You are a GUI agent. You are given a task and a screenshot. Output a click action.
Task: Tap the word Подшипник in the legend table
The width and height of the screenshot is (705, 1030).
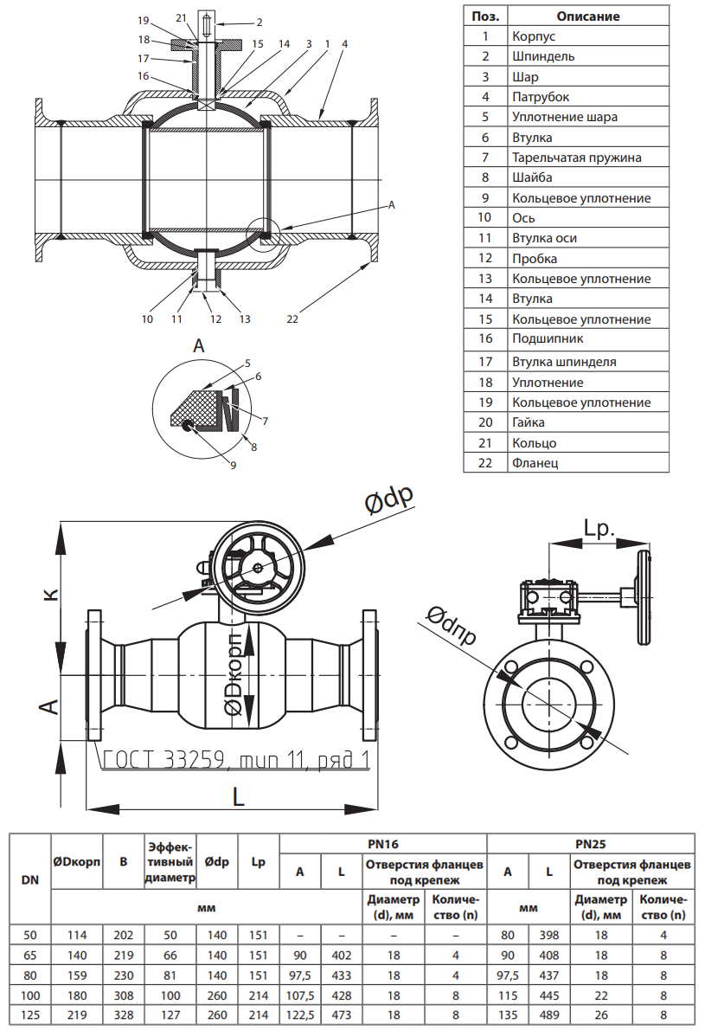548,339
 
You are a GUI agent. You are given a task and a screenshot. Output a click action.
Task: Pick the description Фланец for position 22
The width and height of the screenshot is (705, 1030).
535,463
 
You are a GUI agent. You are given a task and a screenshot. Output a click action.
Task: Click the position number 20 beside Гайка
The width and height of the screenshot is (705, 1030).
485,422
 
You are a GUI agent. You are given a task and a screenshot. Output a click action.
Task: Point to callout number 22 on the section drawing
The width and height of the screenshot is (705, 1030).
292,319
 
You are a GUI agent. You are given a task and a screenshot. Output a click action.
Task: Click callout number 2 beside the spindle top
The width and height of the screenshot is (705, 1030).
259,21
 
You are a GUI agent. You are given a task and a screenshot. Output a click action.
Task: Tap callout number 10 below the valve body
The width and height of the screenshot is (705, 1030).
148,319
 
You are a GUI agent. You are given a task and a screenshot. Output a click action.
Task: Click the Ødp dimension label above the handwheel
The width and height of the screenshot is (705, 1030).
388,499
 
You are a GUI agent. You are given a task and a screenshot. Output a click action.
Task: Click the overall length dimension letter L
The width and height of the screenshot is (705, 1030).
239,796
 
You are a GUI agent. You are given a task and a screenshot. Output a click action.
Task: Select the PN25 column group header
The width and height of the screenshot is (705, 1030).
590,843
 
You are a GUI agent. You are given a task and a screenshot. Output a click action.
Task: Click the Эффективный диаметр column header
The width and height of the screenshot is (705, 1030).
170,861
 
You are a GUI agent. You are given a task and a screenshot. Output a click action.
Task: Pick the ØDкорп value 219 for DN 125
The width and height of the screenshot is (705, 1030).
77,1015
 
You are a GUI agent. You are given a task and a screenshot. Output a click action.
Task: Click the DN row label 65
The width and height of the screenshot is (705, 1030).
29,956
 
